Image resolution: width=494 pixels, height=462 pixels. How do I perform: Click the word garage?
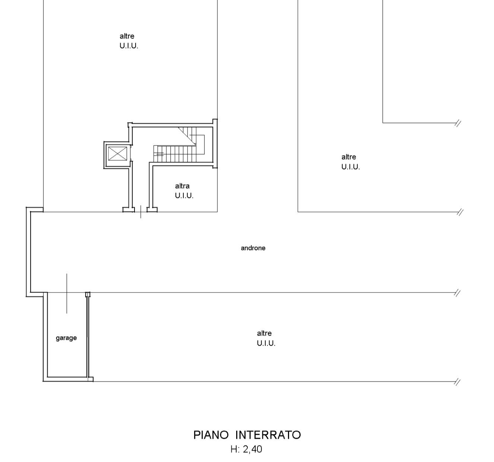(66, 338)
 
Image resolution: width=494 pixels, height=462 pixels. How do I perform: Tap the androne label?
(253, 248)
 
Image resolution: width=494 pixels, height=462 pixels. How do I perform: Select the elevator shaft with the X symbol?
(117, 154)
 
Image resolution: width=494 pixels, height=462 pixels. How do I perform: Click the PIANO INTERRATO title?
(247, 435)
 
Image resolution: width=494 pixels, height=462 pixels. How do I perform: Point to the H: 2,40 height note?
(246, 449)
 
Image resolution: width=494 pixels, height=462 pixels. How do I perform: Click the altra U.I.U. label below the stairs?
(184, 191)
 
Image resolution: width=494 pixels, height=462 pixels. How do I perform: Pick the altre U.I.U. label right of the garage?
(266, 338)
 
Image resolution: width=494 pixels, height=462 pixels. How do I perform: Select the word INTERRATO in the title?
(268, 435)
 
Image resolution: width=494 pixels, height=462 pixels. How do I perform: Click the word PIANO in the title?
(211, 435)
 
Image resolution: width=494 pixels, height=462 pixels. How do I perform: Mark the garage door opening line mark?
(67, 293)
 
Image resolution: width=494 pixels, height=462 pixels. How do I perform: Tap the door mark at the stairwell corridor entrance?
(140, 212)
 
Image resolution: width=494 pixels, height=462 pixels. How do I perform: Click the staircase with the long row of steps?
(175, 154)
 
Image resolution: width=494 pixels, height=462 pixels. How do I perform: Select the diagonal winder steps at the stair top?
(187, 136)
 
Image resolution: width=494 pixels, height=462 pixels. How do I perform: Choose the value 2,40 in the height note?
(253, 449)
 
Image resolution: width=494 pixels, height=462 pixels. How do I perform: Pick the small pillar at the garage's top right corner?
(88, 295)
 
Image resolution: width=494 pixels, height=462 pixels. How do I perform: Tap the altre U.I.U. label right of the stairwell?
(351, 162)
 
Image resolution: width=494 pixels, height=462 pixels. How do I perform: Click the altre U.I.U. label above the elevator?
(129, 41)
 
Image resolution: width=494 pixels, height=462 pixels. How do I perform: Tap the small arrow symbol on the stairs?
(159, 154)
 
